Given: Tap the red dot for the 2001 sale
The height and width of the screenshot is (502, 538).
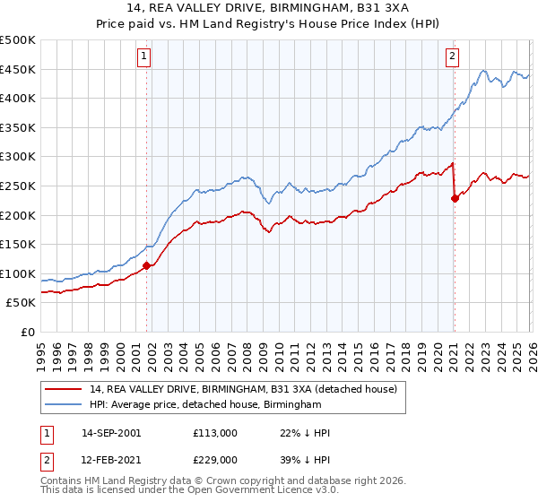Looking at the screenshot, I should pyautogui.click(x=146, y=264).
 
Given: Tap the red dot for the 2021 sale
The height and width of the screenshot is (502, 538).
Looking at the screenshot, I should pyautogui.click(x=455, y=198).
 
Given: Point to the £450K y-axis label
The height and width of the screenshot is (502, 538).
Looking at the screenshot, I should pyautogui.click(x=18, y=70).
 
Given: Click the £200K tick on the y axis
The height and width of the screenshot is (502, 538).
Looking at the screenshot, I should pyautogui.click(x=18, y=215).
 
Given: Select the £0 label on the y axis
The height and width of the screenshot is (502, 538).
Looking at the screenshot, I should pyautogui.click(x=27, y=332).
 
